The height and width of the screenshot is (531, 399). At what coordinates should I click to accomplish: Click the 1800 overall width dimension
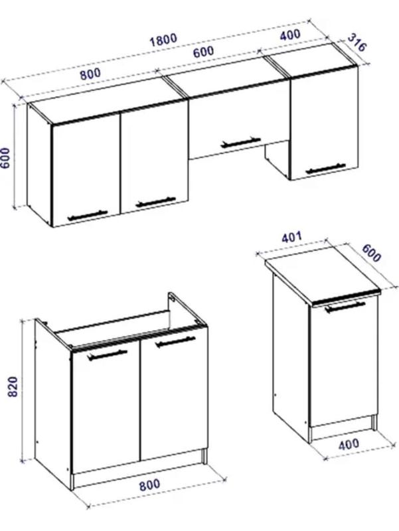[x=163, y=40]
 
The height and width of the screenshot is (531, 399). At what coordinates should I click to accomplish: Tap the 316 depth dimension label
[x=357, y=42]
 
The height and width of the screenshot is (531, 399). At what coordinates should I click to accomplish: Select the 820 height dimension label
[x=13, y=386]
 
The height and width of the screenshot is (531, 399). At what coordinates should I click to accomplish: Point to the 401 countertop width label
[x=291, y=236]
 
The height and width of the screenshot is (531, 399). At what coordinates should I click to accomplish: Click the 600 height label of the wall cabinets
[x=6, y=158]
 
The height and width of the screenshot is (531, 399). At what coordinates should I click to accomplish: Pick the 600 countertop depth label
[x=371, y=253]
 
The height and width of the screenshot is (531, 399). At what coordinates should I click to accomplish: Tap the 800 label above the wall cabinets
[x=90, y=74]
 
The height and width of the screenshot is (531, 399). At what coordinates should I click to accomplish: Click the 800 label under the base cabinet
[x=149, y=484]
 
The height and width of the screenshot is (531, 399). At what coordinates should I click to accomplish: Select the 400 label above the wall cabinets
[x=290, y=35]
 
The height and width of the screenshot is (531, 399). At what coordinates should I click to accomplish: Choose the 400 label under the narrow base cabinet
[x=349, y=444]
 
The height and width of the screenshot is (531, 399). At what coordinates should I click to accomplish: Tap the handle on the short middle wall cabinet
[x=240, y=142]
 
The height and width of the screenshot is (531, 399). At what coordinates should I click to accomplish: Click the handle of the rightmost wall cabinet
[x=325, y=169]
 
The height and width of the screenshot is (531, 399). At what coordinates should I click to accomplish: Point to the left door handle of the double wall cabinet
[x=88, y=215]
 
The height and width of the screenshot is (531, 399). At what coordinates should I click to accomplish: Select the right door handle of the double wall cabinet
[x=155, y=202]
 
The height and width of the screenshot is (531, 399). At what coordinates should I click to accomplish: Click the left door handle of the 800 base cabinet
[x=107, y=355]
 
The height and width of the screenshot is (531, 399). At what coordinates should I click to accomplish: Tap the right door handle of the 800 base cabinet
[x=175, y=342]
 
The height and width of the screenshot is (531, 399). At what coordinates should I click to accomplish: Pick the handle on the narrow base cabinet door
[x=345, y=306]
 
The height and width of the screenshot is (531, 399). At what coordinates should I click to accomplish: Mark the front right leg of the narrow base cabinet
[x=374, y=422]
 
